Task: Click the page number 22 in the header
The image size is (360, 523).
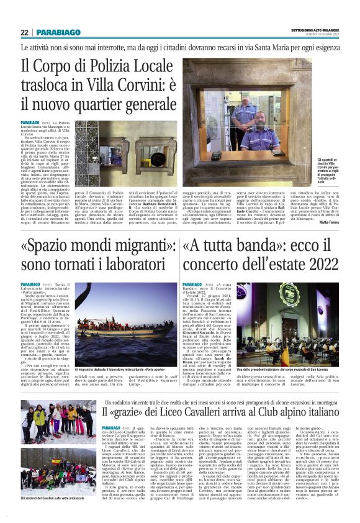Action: tap(24, 32)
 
